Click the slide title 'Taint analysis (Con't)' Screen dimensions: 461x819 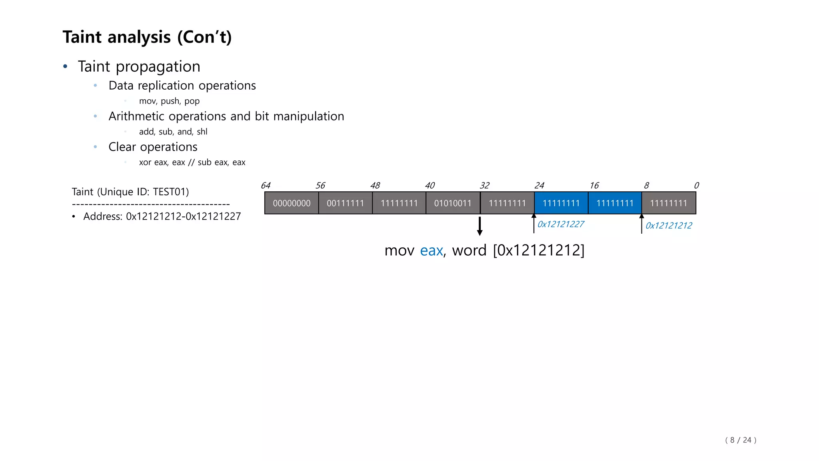(x=147, y=37)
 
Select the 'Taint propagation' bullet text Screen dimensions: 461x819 (x=139, y=66)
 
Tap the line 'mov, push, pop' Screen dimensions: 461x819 (x=169, y=101)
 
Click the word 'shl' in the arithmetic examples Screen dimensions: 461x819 (x=202, y=132)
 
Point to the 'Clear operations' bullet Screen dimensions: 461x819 (x=153, y=147)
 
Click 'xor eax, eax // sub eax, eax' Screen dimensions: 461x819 (x=192, y=162)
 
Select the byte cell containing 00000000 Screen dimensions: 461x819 (x=292, y=203)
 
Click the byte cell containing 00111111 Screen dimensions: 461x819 (x=345, y=203)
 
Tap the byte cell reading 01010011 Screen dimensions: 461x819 (x=453, y=203)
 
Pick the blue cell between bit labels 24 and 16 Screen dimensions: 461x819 (x=561, y=203)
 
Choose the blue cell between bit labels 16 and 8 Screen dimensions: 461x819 (x=615, y=203)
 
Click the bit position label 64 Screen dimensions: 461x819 (x=266, y=186)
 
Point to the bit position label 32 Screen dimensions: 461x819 (x=484, y=186)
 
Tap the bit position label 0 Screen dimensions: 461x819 (x=696, y=186)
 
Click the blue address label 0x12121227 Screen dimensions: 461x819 (x=561, y=224)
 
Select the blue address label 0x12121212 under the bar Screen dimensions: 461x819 (x=669, y=226)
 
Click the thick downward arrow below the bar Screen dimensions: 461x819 (x=479, y=226)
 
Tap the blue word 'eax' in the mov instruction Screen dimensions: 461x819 (x=431, y=251)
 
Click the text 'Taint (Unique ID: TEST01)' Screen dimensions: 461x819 (x=130, y=192)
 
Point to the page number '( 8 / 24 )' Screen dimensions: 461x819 (x=741, y=440)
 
